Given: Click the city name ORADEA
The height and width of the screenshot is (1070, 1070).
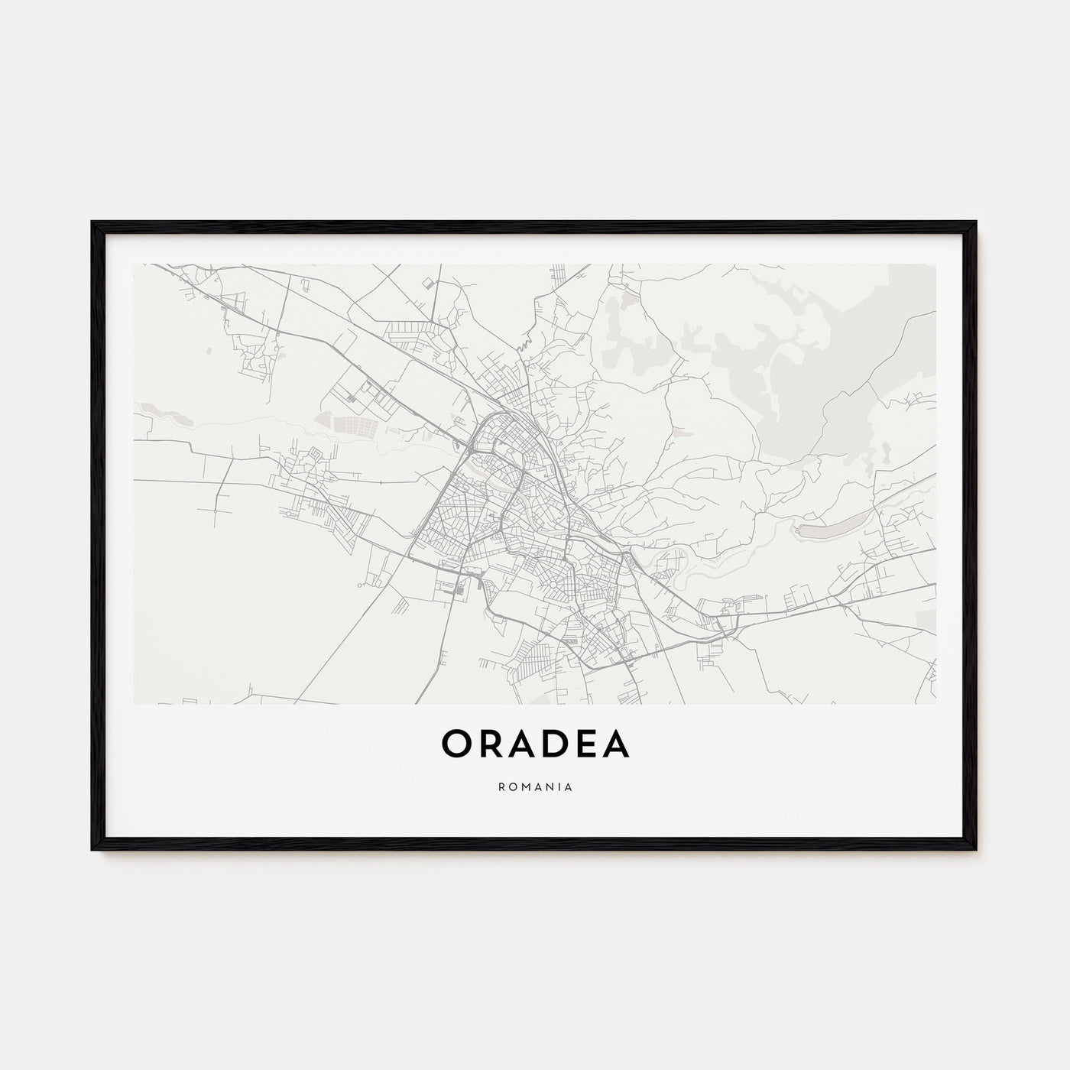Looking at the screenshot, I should [x=535, y=744].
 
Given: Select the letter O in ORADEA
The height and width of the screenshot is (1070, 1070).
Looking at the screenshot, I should [x=455, y=744].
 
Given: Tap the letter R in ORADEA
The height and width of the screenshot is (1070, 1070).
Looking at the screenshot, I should [x=486, y=744].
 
